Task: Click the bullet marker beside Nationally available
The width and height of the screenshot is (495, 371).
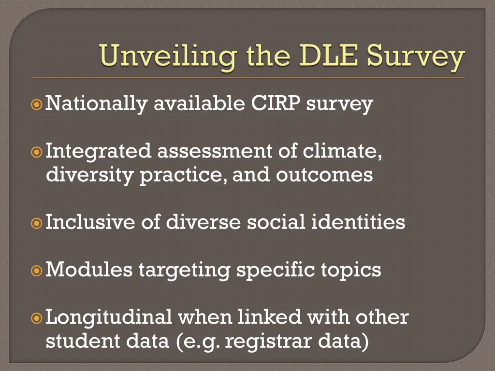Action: [37, 104]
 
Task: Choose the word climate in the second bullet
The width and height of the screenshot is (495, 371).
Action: [343, 151]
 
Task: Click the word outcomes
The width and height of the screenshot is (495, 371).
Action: [324, 175]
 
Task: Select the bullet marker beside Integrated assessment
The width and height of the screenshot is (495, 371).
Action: [37, 152]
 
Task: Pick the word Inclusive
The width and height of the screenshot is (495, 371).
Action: [90, 222]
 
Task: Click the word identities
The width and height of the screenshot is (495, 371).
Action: [358, 222]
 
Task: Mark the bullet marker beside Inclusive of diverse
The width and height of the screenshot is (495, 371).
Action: [37, 223]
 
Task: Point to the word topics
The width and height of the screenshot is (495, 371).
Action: [351, 270]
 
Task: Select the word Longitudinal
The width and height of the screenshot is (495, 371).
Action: [109, 317]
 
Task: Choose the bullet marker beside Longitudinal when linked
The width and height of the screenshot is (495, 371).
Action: [37, 318]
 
